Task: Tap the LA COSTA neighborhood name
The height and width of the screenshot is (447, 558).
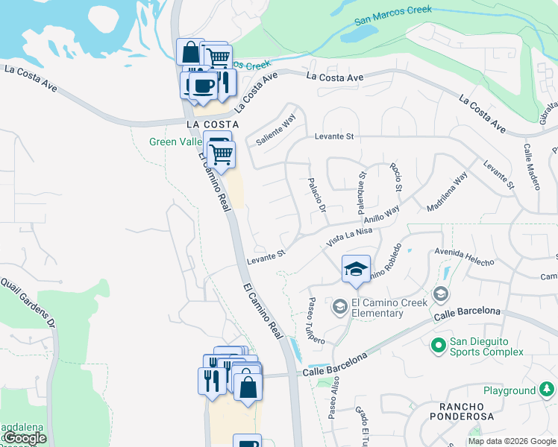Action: (213, 124)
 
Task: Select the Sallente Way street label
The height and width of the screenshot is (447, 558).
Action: (276, 128)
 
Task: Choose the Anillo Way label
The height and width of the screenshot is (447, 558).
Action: (381, 215)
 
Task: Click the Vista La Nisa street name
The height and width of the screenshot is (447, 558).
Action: (349, 238)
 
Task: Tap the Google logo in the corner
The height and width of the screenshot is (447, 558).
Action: (25, 439)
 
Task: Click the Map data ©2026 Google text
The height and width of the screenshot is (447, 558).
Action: (512, 441)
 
